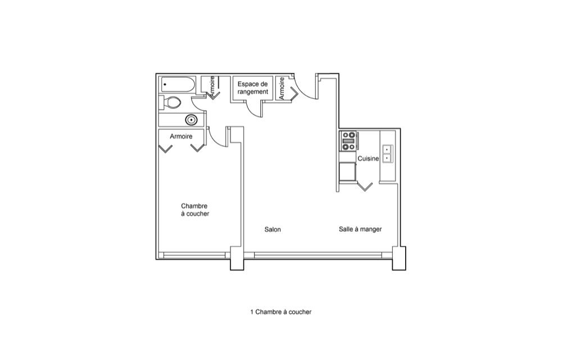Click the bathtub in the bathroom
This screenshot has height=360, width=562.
point(178,85)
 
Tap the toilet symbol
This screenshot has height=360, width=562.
point(170,102)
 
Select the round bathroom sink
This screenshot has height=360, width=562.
point(191,119)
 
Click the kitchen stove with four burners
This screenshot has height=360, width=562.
point(348,141)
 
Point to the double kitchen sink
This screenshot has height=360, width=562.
point(387,154)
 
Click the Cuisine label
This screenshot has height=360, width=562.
point(368,159)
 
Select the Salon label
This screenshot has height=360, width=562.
point(273,229)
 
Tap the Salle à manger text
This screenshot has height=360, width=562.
point(360,229)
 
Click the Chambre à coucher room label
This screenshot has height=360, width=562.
point(194,210)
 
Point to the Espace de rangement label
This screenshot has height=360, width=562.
point(253,88)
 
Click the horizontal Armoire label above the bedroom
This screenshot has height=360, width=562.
point(181,136)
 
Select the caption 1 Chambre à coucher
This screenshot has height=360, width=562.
point(280,312)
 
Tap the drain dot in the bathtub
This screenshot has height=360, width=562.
point(165,85)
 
